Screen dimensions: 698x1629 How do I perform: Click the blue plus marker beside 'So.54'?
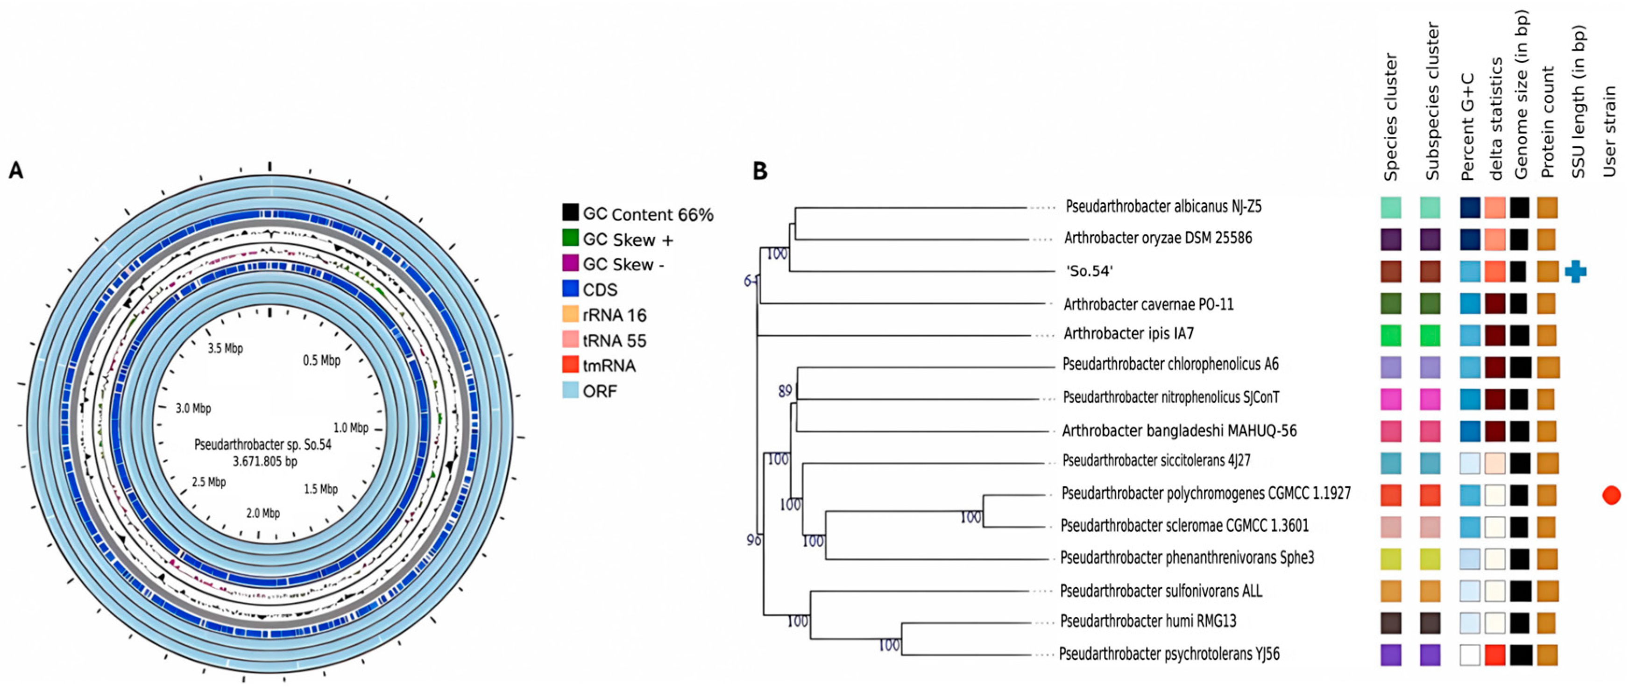[1575, 272]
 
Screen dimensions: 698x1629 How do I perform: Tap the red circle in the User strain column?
[1611, 495]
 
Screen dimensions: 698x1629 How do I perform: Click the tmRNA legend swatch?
[570, 364]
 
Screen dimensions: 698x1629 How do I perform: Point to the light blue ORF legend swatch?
[570, 390]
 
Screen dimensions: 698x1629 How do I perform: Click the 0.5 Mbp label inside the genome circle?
[321, 360]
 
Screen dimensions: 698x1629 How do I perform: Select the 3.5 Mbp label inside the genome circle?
[225, 348]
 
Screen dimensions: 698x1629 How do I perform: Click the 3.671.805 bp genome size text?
[265, 462]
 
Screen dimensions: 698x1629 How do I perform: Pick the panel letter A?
[16, 171]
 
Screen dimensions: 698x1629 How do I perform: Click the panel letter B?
[759, 171]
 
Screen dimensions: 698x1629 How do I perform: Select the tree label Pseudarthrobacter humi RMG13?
[1148, 621]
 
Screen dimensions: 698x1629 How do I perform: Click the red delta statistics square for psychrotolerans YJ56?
[1495, 655]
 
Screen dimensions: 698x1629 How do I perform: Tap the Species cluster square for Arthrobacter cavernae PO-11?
[1391, 303]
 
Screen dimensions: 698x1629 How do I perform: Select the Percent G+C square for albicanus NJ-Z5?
[1470, 207]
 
